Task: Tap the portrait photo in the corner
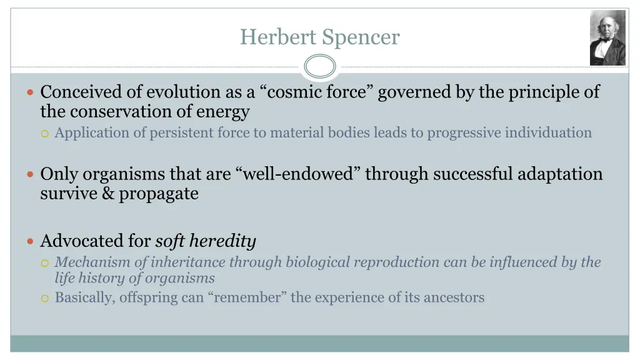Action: (607, 38)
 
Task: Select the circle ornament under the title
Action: (320, 66)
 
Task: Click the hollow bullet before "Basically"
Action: (44, 298)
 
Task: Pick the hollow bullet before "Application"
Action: (44, 133)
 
